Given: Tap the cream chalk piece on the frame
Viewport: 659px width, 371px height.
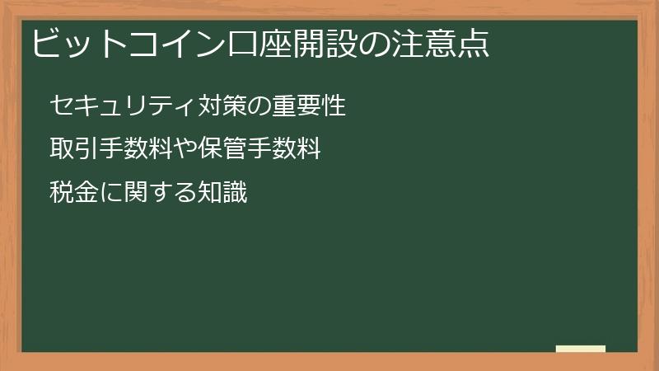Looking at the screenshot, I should [x=581, y=349].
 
